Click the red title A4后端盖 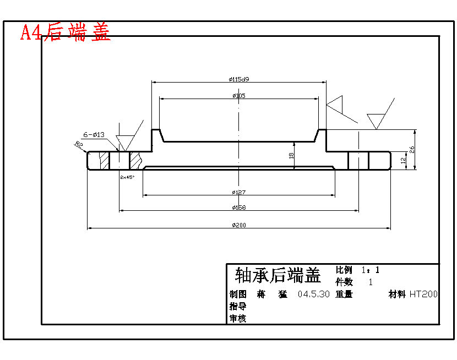pyautogui.click(x=66, y=32)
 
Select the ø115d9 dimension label pyautogui.click(x=239, y=79)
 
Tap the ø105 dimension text pyautogui.click(x=239, y=96)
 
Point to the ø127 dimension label pyautogui.click(x=239, y=192)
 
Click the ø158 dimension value pyautogui.click(x=239, y=208)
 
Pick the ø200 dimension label pyautogui.click(x=239, y=225)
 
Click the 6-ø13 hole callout pyautogui.click(x=94, y=134)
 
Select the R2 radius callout pyautogui.click(x=79, y=145)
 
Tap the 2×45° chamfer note pyautogui.click(x=127, y=177)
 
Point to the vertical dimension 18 pyautogui.click(x=291, y=156)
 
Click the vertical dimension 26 pyautogui.click(x=411, y=149)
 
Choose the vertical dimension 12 pyautogui.click(x=403, y=161)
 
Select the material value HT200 pyautogui.click(x=423, y=294)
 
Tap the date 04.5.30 pyautogui.click(x=313, y=294)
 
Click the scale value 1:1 pyautogui.click(x=371, y=270)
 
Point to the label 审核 pyautogui.click(x=237, y=318)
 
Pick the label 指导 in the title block pyautogui.click(x=237, y=306)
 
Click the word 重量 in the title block pyautogui.click(x=344, y=294)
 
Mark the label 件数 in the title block pyautogui.click(x=344, y=282)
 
